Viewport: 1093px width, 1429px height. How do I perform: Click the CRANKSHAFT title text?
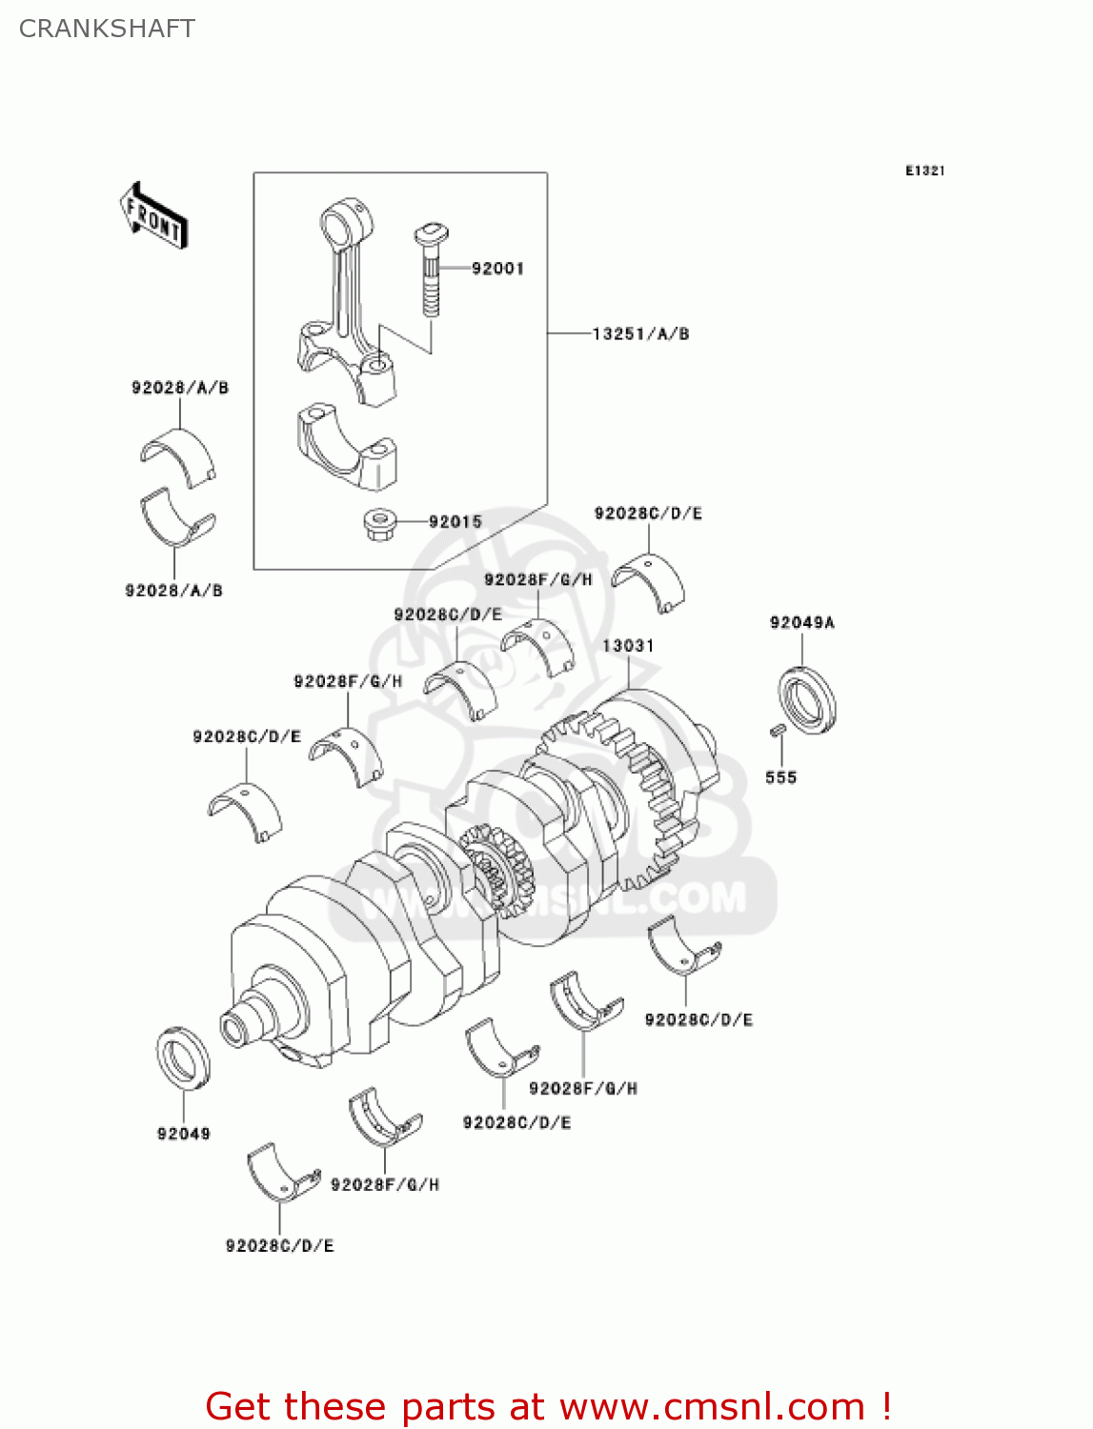tap(107, 29)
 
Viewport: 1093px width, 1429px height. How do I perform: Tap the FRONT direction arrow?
tap(153, 216)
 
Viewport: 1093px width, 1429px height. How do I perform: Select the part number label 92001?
tap(497, 269)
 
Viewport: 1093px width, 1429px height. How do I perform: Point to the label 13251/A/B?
tap(640, 334)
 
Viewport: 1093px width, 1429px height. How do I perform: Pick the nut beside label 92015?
tap(380, 524)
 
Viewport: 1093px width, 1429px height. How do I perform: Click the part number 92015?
tap(455, 522)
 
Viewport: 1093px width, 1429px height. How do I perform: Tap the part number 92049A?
tap(801, 623)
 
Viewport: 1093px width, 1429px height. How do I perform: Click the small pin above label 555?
tap(776, 731)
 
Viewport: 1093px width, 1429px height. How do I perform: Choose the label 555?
tap(780, 778)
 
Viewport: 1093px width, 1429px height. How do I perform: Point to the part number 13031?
tap(628, 646)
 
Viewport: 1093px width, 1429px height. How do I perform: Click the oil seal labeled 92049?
tap(183, 1057)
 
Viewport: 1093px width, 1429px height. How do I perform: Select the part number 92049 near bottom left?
tap(183, 1134)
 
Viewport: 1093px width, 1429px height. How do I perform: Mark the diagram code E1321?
tap(924, 171)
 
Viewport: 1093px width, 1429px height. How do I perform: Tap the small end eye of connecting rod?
tap(340, 226)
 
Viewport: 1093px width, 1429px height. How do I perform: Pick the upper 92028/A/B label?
tap(180, 388)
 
